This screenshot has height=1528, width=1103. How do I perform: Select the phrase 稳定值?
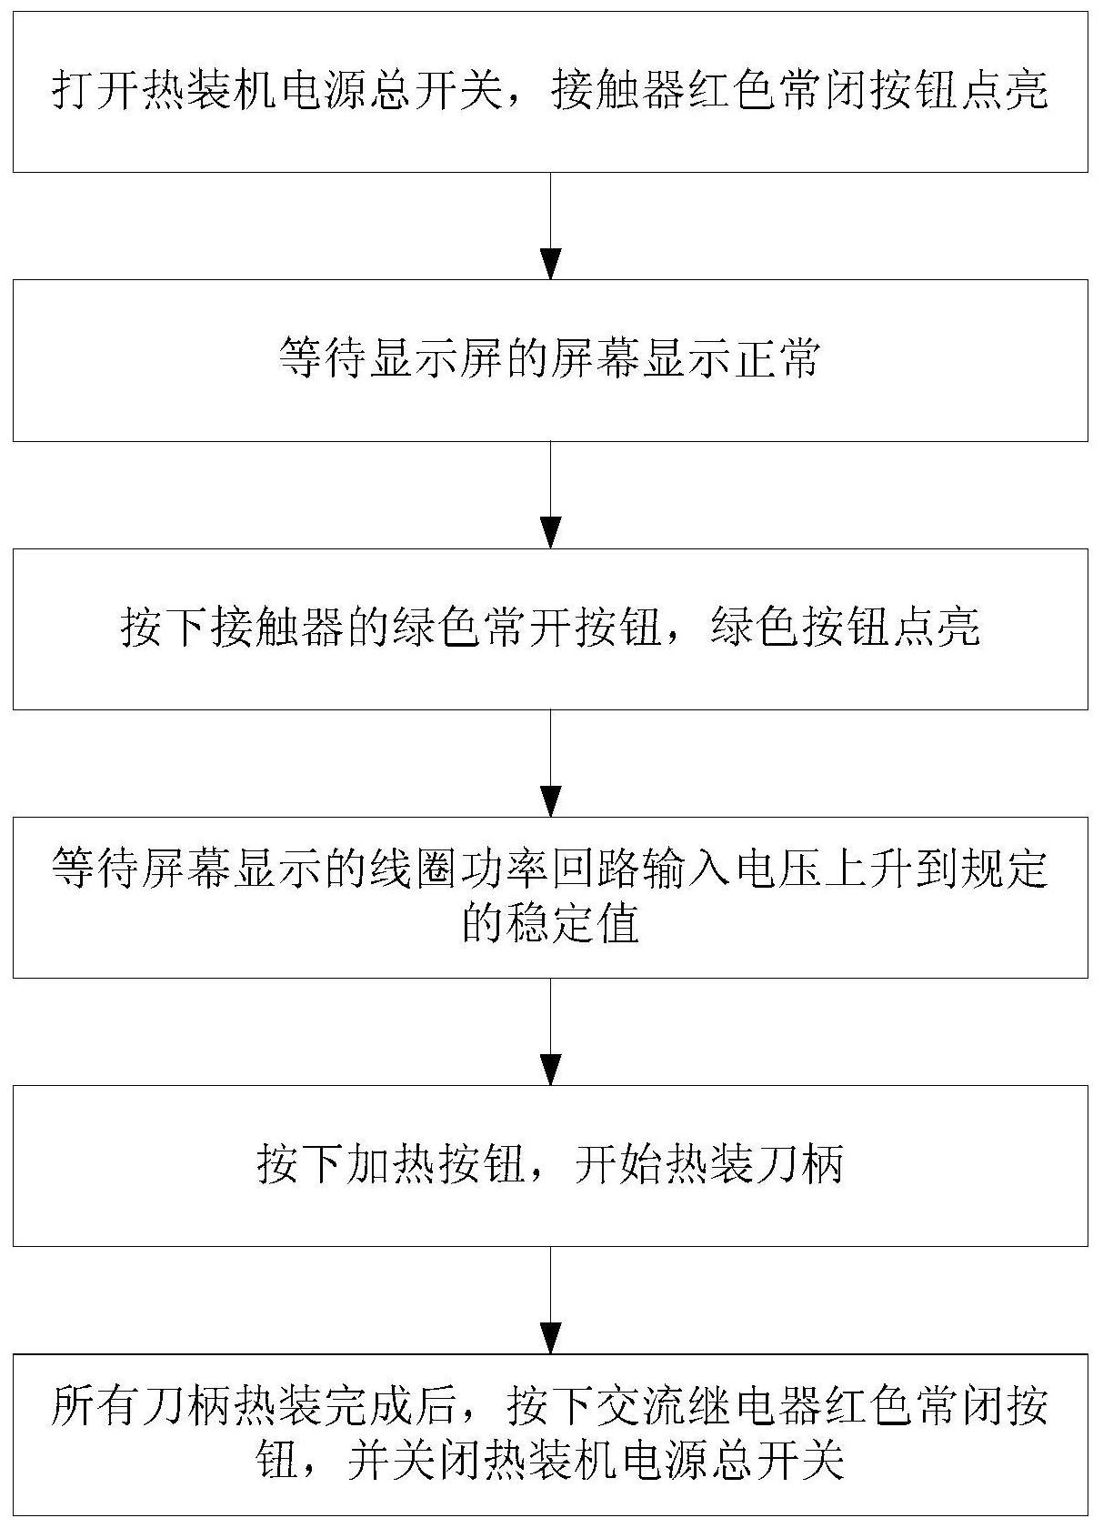(x=551, y=925)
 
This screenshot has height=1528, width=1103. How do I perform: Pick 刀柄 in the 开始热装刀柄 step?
(x=800, y=1165)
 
